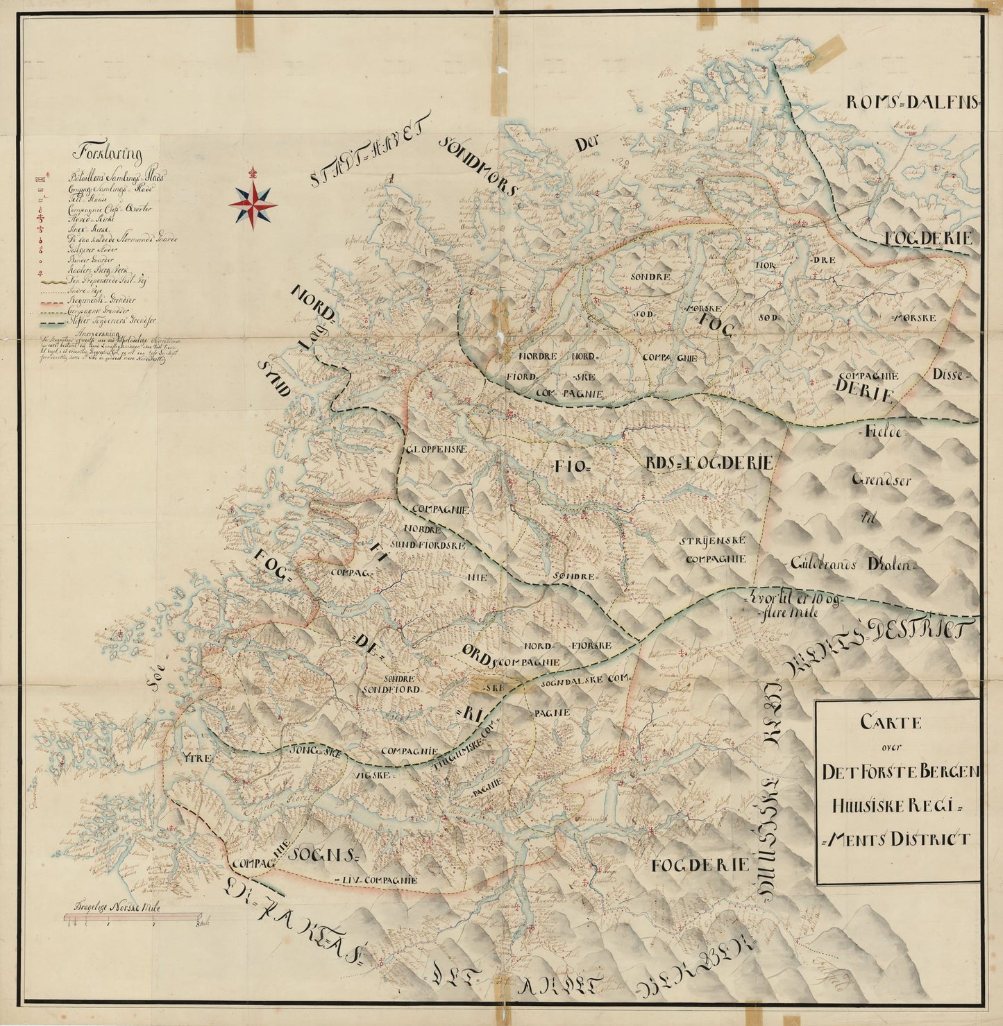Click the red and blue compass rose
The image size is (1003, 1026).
pyautogui.click(x=253, y=205)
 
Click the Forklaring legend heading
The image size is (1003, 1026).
pyautogui.click(x=111, y=154)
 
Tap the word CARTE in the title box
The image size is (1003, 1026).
pyautogui.click(x=891, y=722)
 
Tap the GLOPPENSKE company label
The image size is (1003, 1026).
pyautogui.click(x=437, y=449)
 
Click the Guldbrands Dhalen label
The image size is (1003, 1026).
pyautogui.click(x=853, y=565)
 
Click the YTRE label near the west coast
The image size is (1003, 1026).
pyautogui.click(x=196, y=759)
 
